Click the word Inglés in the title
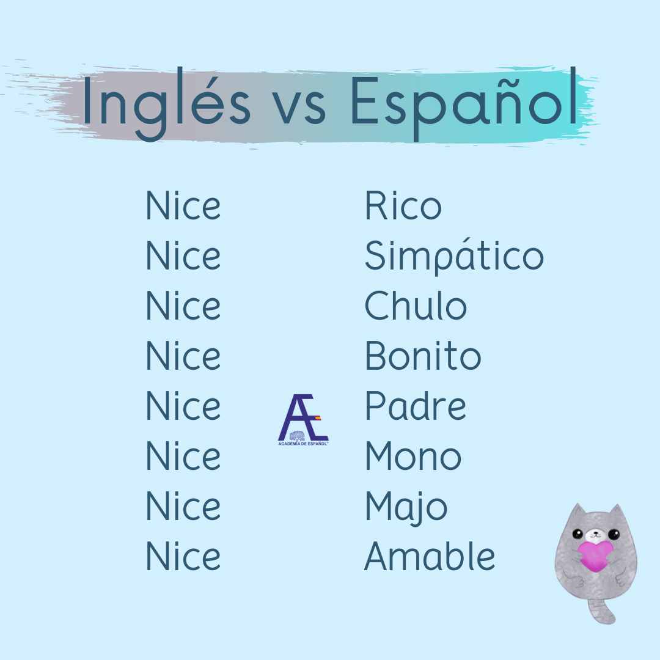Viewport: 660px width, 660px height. pyautogui.click(x=167, y=104)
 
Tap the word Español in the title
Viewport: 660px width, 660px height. pyautogui.click(x=464, y=104)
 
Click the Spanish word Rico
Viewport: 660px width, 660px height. pyautogui.click(x=403, y=205)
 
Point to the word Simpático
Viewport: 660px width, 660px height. pyautogui.click(x=454, y=256)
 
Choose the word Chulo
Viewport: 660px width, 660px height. pyautogui.click(x=416, y=305)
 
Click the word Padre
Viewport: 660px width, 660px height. pyautogui.click(x=416, y=405)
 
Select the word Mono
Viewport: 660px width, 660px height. pyautogui.click(x=413, y=455)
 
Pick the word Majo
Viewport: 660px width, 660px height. pyautogui.click(x=406, y=508)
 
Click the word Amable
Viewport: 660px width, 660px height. pyautogui.click(x=430, y=555)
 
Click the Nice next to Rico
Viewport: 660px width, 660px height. pyautogui.click(x=183, y=205)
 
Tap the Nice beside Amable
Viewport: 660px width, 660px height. pyautogui.click(x=183, y=555)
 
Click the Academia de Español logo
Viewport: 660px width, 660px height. pyautogui.click(x=303, y=420)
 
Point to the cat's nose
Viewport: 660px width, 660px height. pyautogui.click(x=595, y=533)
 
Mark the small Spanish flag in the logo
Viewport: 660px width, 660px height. pyautogui.click(x=318, y=418)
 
